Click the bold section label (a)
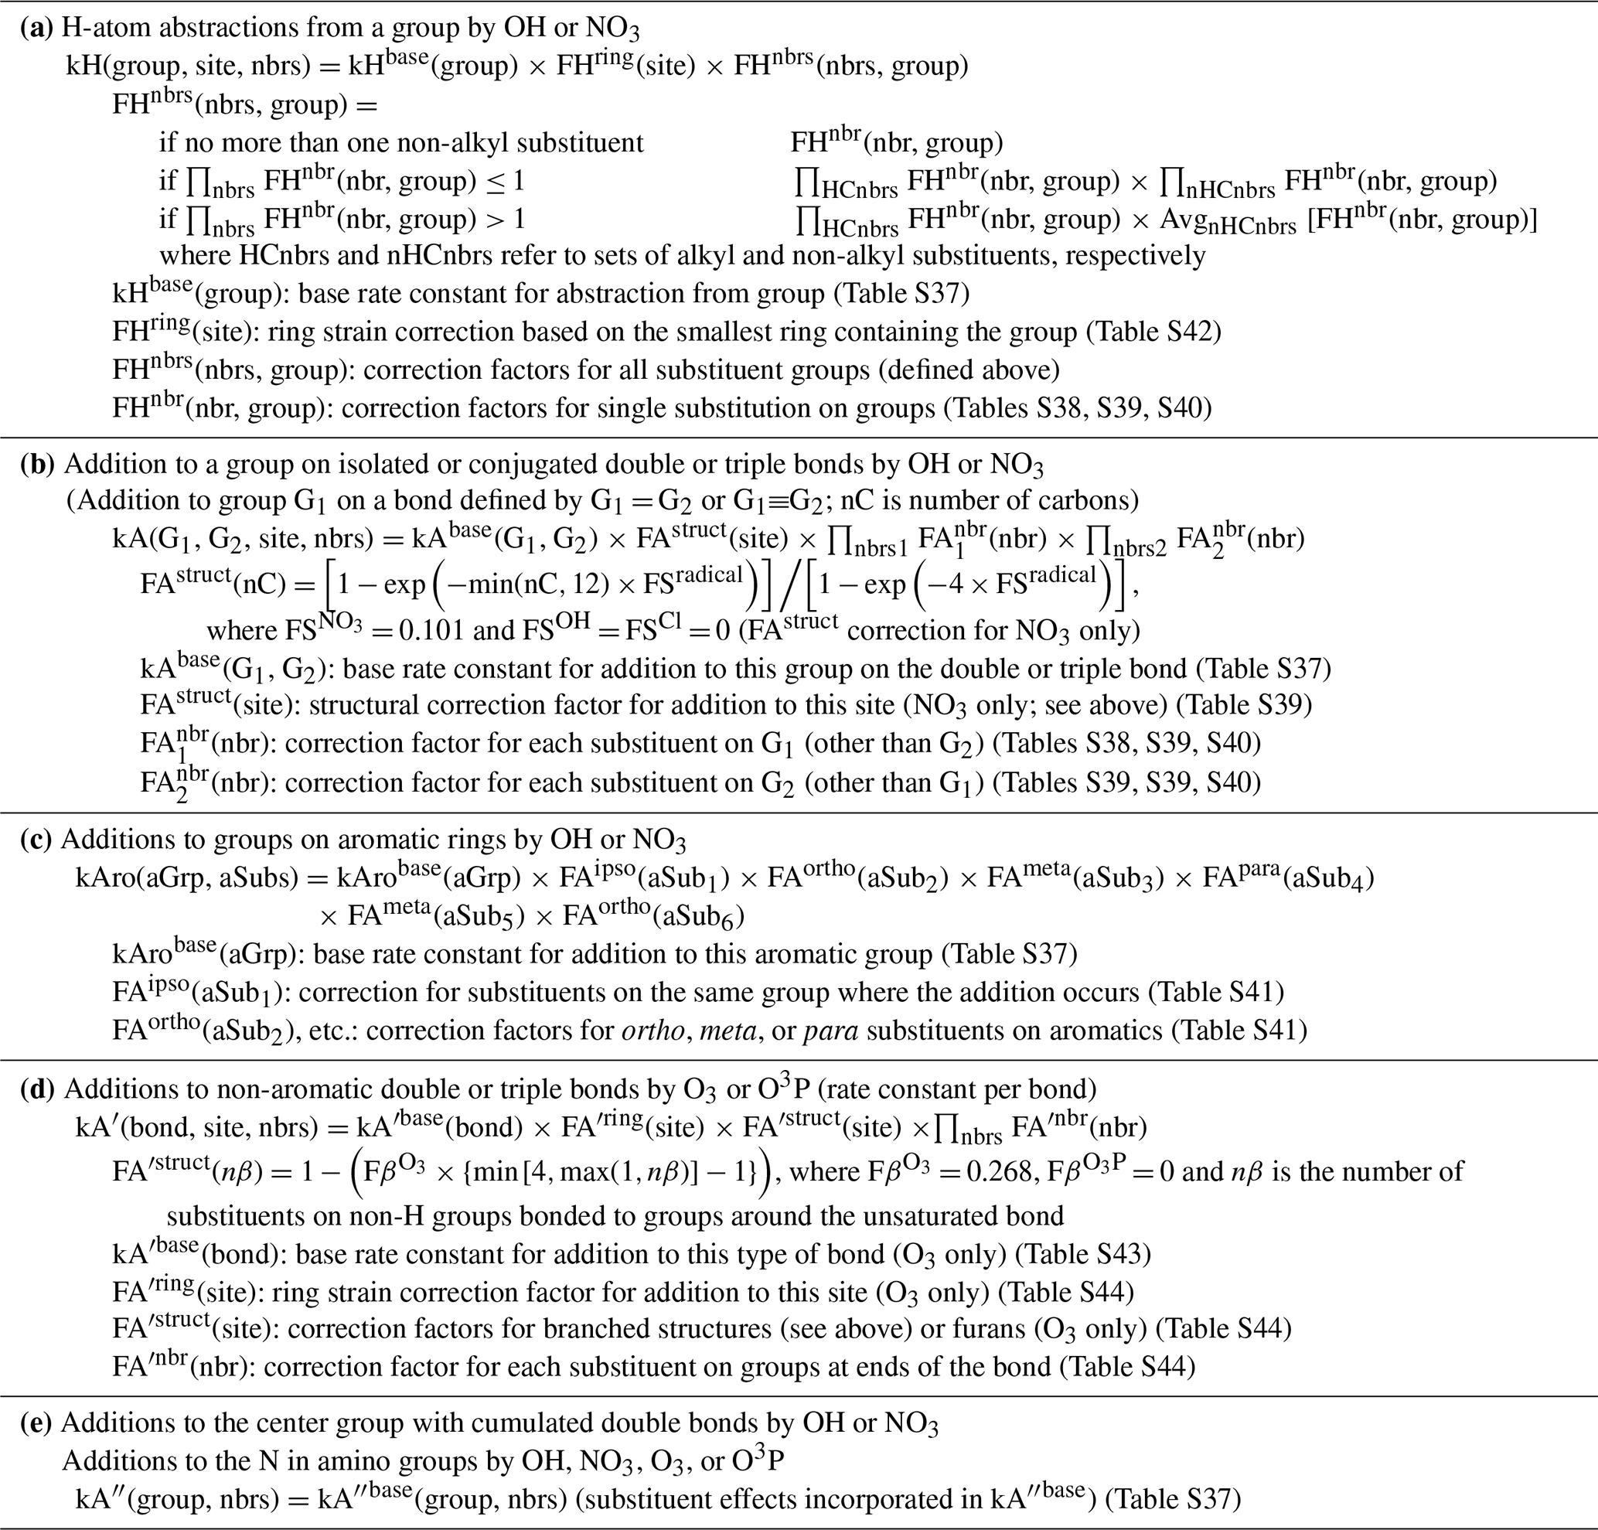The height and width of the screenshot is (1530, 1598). click(36, 29)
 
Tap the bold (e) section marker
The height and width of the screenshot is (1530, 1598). click(36, 1423)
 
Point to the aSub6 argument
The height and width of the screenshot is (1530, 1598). click(703, 917)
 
